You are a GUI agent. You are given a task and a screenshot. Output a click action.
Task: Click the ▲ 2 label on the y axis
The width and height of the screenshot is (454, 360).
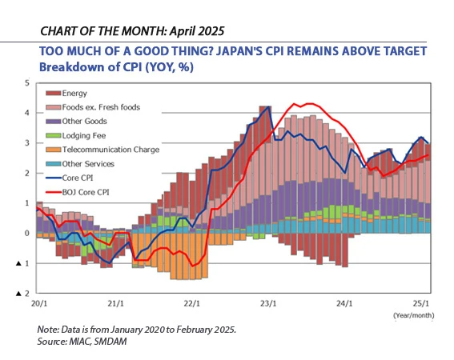(x=23, y=294)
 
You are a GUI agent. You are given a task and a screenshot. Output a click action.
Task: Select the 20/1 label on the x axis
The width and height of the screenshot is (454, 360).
(x=38, y=304)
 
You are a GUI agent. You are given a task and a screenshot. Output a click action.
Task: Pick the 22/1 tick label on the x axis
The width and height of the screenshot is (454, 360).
(x=192, y=304)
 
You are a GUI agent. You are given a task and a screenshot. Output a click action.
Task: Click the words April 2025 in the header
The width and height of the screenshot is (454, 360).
(x=193, y=31)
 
